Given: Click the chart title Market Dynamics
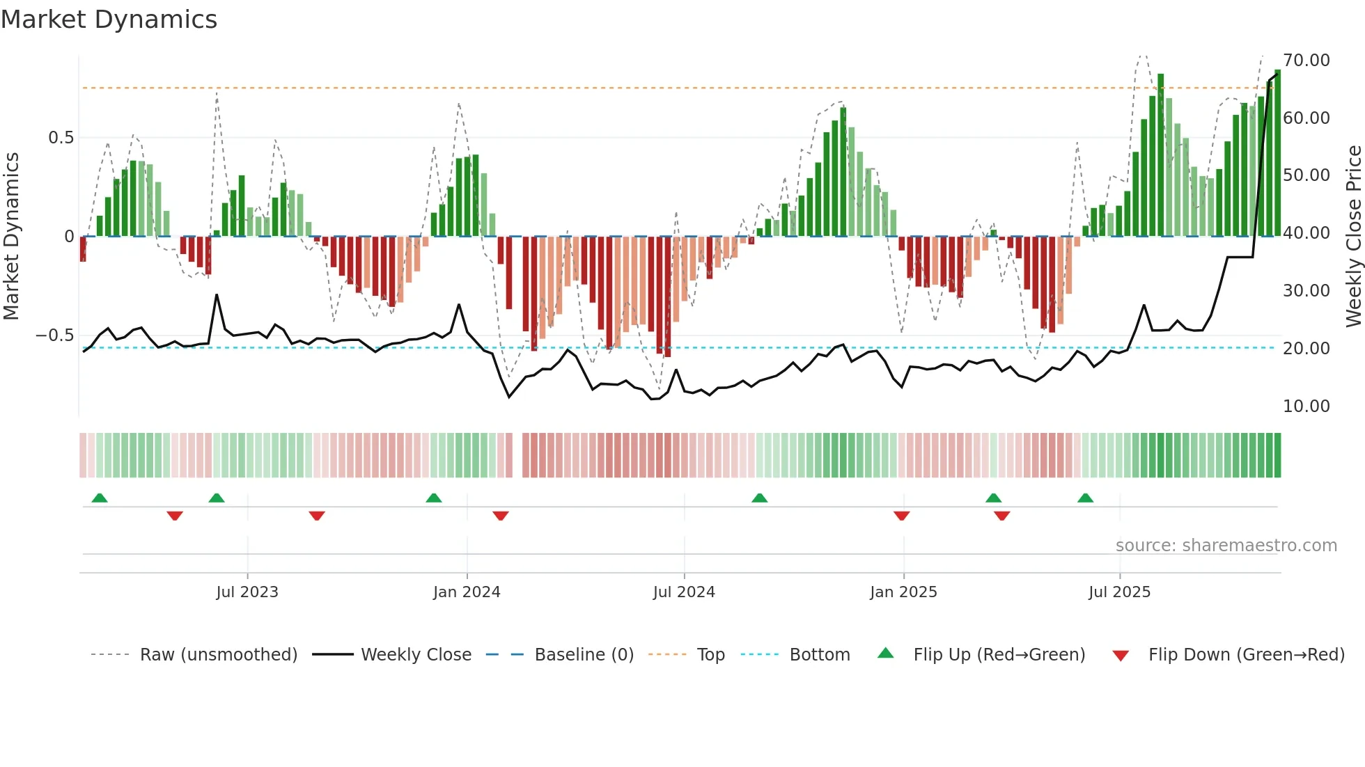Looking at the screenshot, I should pos(109,19).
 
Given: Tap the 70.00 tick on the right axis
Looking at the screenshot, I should pos(1306,61).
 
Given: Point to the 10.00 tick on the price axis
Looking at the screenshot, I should pos(1306,406).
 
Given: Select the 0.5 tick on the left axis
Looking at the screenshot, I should pos(61,138).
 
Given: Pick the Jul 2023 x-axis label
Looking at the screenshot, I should pos(247,592).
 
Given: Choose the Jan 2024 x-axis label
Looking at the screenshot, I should pos(467,592).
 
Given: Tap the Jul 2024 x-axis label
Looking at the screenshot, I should pos(684,592).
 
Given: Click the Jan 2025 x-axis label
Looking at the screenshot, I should pos(903,592).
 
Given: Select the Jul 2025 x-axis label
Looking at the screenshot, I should pos(1119,592).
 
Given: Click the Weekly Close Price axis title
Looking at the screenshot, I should pos(1353,236).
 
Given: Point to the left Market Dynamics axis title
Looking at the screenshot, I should pos(11,236).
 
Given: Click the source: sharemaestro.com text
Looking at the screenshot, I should pos(1226,546).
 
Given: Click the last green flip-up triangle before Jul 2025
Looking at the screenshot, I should pos(1085,498).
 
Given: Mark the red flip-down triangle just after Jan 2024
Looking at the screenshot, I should pos(500,516).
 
